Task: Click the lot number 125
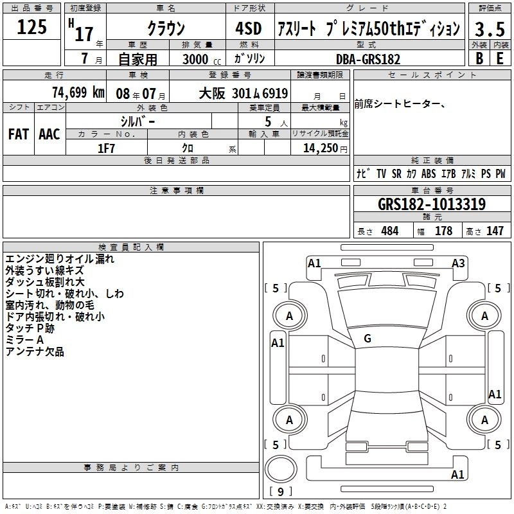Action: [x=31, y=27]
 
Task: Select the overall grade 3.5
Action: [x=490, y=29]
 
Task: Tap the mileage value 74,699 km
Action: [x=78, y=93]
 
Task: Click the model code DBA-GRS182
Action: [x=368, y=59]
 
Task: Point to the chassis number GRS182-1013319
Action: [x=432, y=204]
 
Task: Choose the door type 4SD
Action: [x=249, y=28]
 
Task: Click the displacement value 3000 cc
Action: [x=202, y=59]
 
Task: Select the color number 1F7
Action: [x=106, y=148]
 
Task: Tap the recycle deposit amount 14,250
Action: [x=321, y=148]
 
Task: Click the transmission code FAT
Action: [x=19, y=134]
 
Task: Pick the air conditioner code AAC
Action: [x=49, y=134]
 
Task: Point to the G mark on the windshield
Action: [x=368, y=339]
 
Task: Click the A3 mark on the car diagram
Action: [x=458, y=263]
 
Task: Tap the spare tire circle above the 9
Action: [x=281, y=469]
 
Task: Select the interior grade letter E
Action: [x=500, y=58]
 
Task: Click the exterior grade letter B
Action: [x=479, y=58]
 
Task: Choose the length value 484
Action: [x=390, y=231]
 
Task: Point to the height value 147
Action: [x=495, y=231]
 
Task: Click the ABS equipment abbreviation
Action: [x=429, y=173]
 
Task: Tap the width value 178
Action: [x=443, y=231]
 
